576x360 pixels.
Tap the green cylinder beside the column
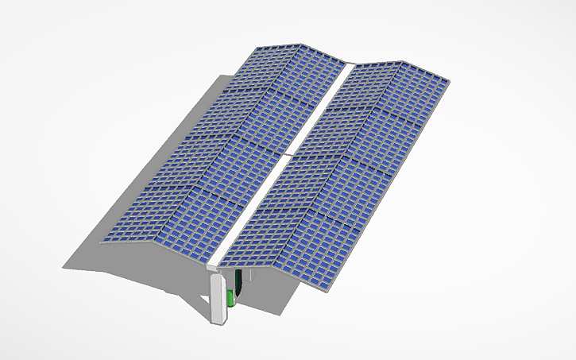click(231, 297)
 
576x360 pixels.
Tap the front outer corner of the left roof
click(104, 237)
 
